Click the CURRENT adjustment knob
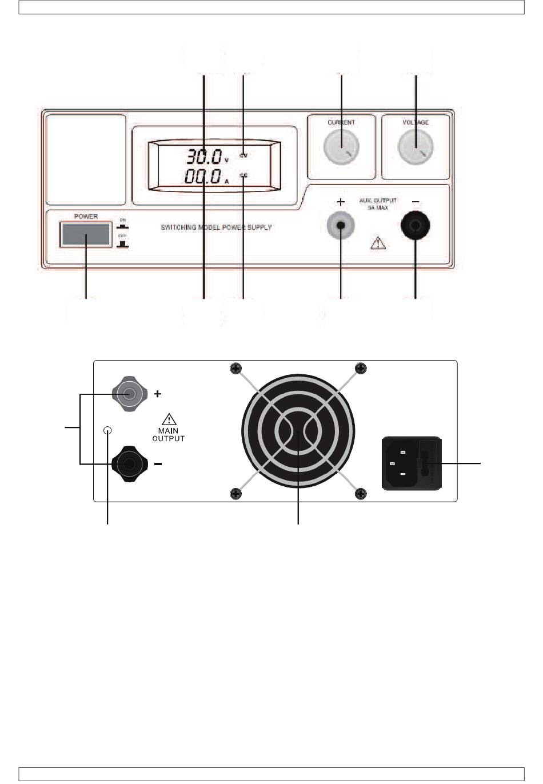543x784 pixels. pos(341,147)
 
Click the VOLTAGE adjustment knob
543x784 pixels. pos(416,147)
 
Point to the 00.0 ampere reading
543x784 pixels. pos(202,176)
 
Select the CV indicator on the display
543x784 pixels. pos(243,155)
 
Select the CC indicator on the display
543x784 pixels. pos(243,175)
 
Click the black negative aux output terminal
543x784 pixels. pos(416,227)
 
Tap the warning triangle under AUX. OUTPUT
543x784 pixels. pos(378,243)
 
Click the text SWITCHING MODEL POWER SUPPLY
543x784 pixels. pos(216,227)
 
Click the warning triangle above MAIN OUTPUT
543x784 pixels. pos(169,418)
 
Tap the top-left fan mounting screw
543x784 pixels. pos(234,369)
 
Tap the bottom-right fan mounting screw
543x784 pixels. pos(361,494)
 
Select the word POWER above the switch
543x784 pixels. pos(86,217)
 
